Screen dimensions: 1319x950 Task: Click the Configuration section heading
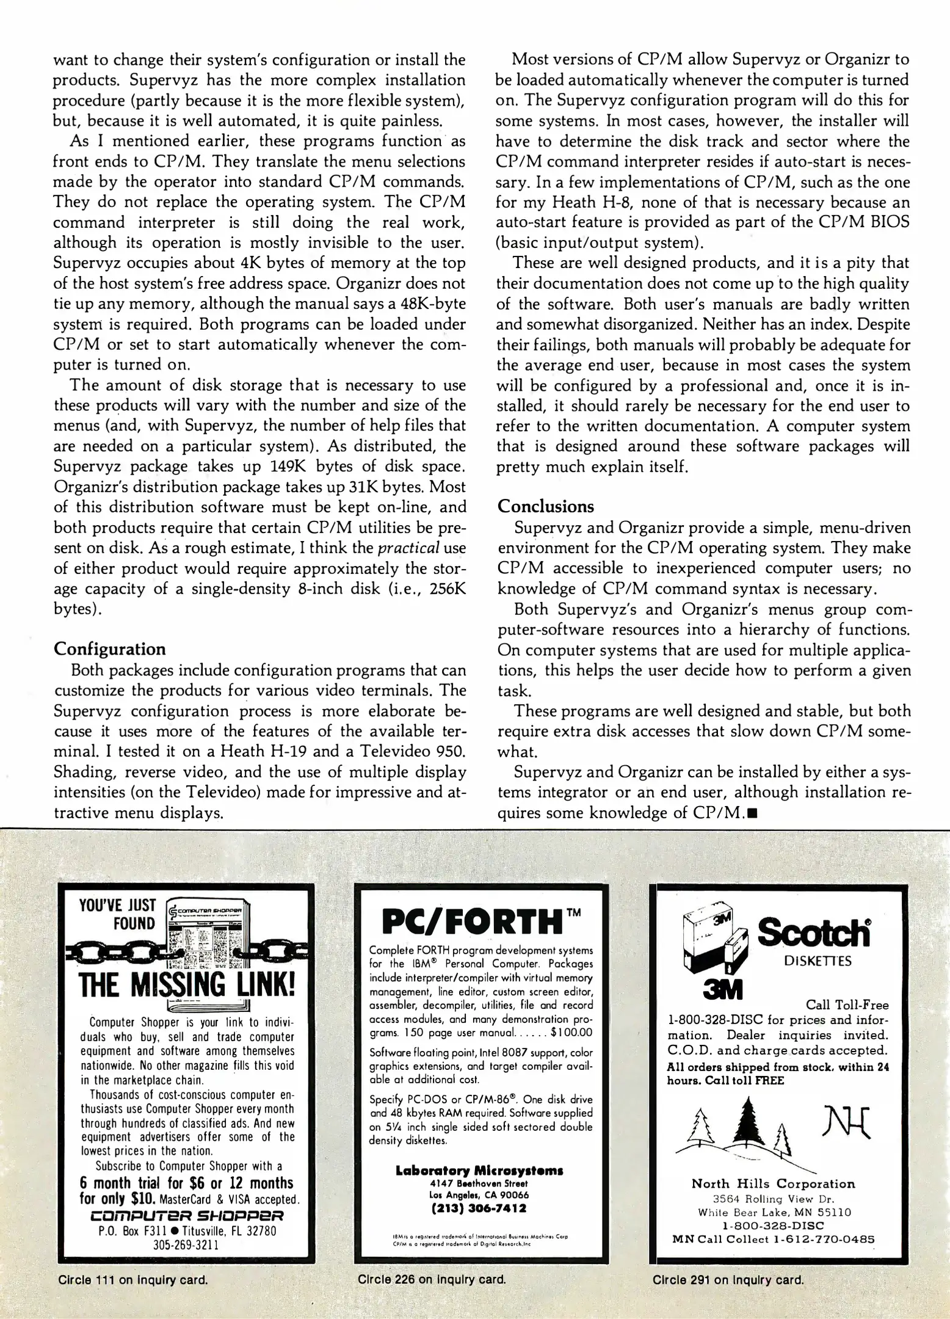pyautogui.click(x=110, y=649)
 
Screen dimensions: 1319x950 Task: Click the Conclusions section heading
pyautogui.click(x=546, y=506)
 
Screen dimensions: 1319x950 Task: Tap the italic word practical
pyautogui.click(x=408, y=548)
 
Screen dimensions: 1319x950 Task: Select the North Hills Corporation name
pyautogui.click(x=773, y=1183)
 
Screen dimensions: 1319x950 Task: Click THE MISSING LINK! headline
pyautogui.click(x=187, y=984)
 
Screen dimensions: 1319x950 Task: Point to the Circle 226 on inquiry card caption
pyautogui.click(x=432, y=1279)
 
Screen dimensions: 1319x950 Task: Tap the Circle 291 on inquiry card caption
pyautogui.click(x=728, y=1279)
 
